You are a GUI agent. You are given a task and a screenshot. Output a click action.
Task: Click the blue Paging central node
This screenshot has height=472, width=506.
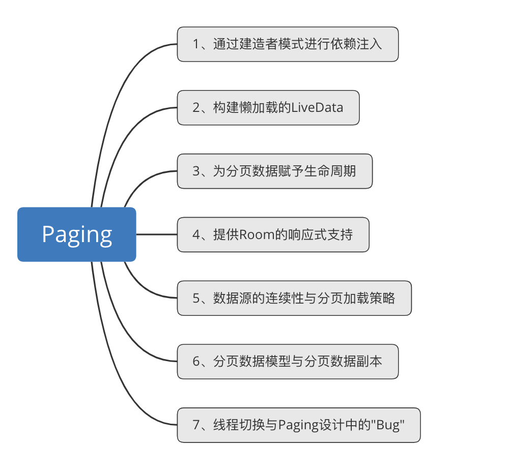coord(77,234)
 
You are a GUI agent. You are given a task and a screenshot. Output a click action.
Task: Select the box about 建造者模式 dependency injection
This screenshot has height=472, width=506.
coord(288,44)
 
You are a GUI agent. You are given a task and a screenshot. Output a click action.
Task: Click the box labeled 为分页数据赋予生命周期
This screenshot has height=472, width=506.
coord(274,171)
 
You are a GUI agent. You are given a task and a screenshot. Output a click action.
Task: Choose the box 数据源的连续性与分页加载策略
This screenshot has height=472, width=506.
coord(294,298)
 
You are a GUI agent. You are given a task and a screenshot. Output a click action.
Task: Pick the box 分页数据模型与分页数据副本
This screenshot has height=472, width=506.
coord(288,362)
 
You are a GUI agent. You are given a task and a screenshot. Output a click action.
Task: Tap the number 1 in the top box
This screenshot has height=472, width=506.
coord(196,44)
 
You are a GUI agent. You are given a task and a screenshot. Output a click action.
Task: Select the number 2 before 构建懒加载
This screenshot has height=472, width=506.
coord(196,108)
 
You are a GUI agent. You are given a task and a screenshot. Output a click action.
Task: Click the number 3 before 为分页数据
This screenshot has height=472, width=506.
coord(196,171)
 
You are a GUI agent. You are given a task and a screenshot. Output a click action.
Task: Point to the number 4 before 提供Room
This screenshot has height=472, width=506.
coord(196,234)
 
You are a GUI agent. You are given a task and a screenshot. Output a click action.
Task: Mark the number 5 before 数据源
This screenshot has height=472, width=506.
coord(196,298)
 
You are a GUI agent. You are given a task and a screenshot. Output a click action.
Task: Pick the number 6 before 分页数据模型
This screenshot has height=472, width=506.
coord(196,362)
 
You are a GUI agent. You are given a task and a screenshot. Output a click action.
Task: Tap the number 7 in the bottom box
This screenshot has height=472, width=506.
coord(196,425)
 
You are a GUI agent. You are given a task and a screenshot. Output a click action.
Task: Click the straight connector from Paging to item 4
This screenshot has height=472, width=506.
coord(156,234)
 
